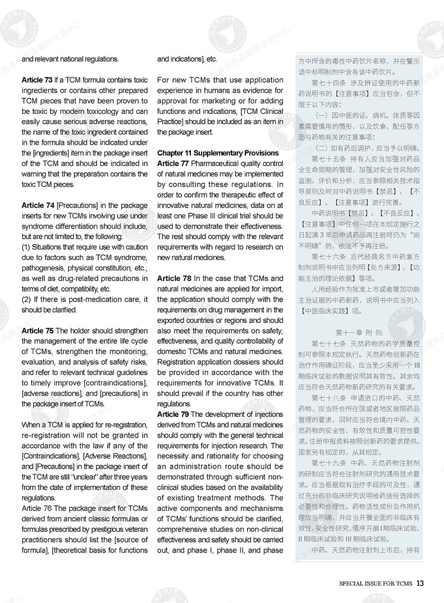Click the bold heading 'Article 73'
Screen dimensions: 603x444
point(37,80)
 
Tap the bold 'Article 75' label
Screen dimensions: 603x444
point(37,331)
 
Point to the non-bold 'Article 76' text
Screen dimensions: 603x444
point(37,507)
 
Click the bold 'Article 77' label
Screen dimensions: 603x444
point(173,163)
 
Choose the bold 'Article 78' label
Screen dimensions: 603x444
point(173,278)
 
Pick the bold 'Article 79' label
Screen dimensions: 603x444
point(173,414)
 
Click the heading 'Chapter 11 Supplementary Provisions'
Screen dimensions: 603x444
point(218,153)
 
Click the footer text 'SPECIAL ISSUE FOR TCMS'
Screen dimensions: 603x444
point(376,583)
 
